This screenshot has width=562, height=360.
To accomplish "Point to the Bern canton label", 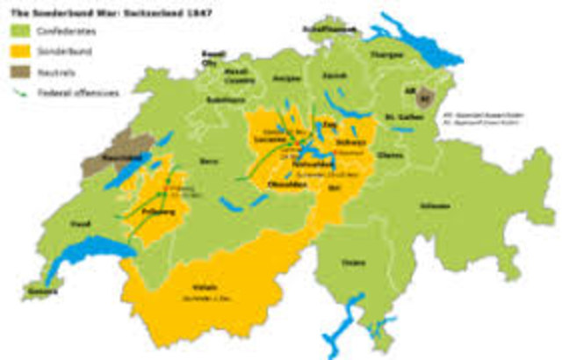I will click(x=208, y=162).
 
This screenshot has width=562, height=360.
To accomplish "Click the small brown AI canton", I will click(x=429, y=97).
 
